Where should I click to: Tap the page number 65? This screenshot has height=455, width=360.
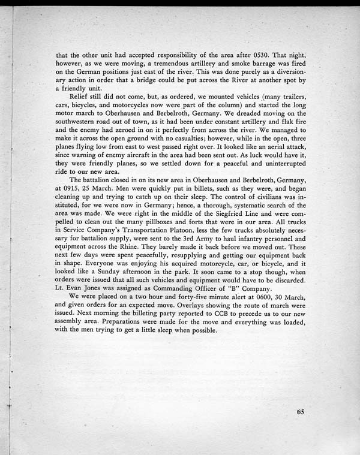tap(300, 411)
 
